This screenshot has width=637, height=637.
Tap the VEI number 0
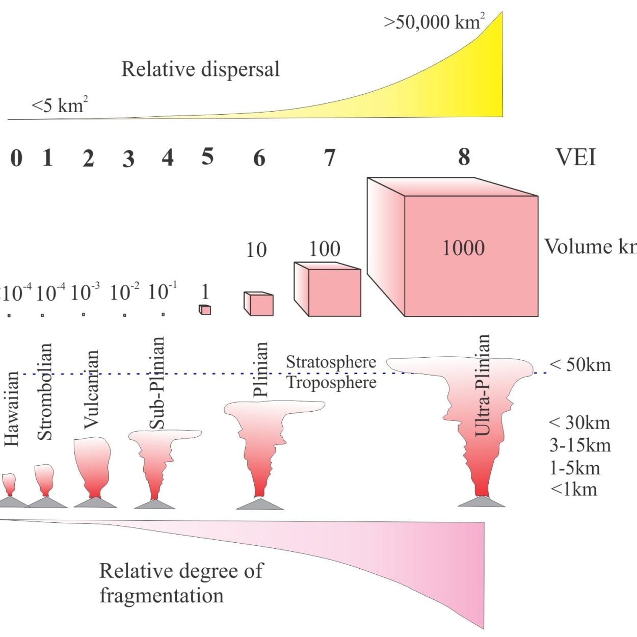pyautogui.click(x=16, y=158)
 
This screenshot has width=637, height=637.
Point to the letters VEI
pyautogui.click(x=576, y=157)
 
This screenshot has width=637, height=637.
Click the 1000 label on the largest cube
pyautogui.click(x=463, y=248)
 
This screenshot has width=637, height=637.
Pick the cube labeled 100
pyautogui.click(x=327, y=289)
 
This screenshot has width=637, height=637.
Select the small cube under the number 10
pyautogui.click(x=258, y=304)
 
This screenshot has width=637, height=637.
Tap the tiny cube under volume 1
pyautogui.click(x=205, y=309)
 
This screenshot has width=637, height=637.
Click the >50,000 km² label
pyautogui.click(x=434, y=22)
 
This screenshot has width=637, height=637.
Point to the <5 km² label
pyautogui.click(x=60, y=105)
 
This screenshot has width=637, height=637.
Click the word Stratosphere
pyautogui.click(x=331, y=362)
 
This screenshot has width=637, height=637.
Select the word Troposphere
pyautogui.click(x=332, y=383)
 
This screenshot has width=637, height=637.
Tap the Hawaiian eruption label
pyautogui.click(x=12, y=409)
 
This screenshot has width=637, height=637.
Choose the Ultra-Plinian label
pyautogui.click(x=482, y=385)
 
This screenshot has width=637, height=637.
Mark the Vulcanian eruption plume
pyautogui.click(x=92, y=467)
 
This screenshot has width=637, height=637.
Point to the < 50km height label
pyautogui.click(x=580, y=365)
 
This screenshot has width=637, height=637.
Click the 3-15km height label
pyautogui.click(x=580, y=445)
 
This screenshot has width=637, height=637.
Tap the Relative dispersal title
pyautogui.click(x=201, y=69)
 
